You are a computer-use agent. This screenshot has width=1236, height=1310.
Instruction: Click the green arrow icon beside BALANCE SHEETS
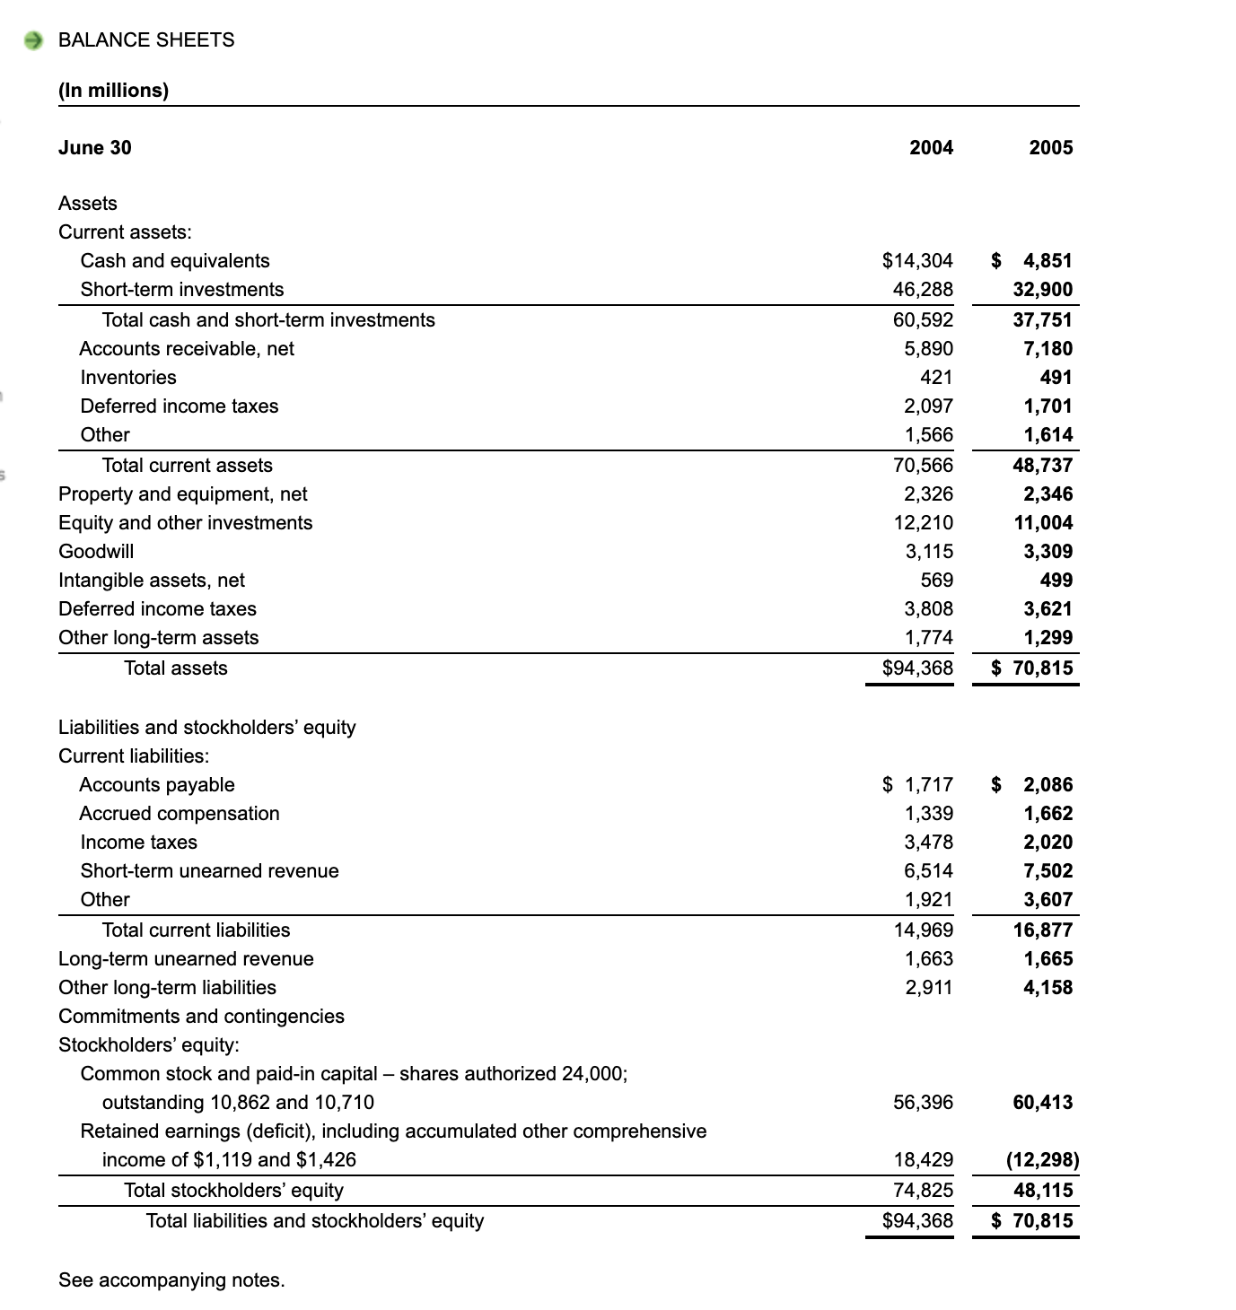click(34, 40)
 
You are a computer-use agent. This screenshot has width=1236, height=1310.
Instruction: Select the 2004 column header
click(931, 148)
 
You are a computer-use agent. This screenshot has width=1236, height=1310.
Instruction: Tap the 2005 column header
click(1050, 148)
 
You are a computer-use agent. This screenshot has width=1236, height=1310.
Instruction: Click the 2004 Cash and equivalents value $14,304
click(917, 261)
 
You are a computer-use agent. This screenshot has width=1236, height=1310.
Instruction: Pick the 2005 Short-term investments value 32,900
click(1042, 290)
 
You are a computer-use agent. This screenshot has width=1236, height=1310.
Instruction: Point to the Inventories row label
click(128, 378)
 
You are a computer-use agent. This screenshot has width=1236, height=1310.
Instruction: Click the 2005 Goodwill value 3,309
click(1048, 552)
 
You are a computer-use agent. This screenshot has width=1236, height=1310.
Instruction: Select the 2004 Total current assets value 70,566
click(923, 466)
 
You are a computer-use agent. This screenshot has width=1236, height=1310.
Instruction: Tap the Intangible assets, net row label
click(152, 581)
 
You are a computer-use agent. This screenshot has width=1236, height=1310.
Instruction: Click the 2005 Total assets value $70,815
click(1032, 668)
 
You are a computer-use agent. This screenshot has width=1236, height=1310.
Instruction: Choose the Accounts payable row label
click(157, 785)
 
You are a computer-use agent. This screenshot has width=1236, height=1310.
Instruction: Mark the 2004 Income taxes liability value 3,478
click(928, 843)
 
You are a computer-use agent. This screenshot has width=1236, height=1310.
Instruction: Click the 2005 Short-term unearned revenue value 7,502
click(1048, 871)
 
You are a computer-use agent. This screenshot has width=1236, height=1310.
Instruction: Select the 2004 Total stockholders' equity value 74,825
click(923, 1191)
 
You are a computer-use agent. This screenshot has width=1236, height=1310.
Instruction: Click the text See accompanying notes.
click(171, 1280)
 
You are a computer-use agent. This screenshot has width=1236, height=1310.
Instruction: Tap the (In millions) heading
click(113, 91)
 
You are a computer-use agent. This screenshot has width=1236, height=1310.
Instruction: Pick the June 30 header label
click(94, 148)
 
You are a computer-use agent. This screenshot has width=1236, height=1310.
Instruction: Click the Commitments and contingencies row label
click(201, 1017)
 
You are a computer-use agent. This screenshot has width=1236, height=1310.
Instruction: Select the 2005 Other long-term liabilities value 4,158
click(1048, 988)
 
